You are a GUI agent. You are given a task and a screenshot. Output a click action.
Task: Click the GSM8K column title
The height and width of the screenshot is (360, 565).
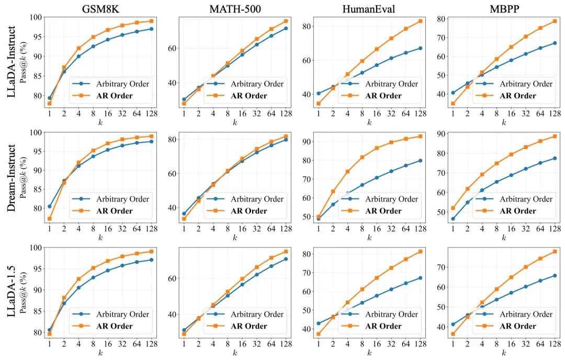pyautogui.click(x=100, y=9)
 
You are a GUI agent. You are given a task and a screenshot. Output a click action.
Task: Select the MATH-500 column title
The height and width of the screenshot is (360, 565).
pyautogui.click(x=235, y=9)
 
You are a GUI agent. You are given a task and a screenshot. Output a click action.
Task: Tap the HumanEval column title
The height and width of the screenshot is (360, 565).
pyautogui.click(x=369, y=9)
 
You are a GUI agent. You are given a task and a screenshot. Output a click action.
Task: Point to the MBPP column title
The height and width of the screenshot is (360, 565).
pyautogui.click(x=504, y=9)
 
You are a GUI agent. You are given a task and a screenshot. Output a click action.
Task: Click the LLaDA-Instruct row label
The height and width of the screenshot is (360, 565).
pyautogui.click(x=12, y=62)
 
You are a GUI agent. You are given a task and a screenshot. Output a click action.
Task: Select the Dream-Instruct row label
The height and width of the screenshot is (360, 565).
pyautogui.click(x=12, y=178)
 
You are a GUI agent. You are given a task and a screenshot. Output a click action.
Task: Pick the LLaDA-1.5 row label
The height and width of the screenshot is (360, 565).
pyautogui.click(x=12, y=291)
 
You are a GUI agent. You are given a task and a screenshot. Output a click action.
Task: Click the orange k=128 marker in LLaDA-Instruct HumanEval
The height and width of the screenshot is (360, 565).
pyautogui.click(x=420, y=21)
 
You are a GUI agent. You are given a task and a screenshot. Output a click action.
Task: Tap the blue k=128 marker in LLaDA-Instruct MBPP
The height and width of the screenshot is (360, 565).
pyautogui.click(x=555, y=43)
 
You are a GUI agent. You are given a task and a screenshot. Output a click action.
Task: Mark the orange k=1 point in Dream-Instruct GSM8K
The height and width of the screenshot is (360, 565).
pyautogui.click(x=49, y=219)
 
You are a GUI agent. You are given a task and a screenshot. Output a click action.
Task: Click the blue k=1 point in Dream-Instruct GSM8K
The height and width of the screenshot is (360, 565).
pyautogui.click(x=49, y=207)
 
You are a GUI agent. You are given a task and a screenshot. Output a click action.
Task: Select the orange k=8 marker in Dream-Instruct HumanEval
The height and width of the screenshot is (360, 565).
pyautogui.click(x=362, y=157)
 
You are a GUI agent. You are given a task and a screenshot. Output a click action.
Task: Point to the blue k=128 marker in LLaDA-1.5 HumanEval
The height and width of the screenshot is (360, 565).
pyautogui.click(x=420, y=278)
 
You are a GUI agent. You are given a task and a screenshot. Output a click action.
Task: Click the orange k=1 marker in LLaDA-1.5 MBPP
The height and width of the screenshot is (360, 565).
pyautogui.click(x=453, y=334)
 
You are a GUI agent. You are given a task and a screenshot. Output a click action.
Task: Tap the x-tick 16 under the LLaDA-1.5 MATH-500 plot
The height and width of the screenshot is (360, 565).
pyautogui.click(x=242, y=344)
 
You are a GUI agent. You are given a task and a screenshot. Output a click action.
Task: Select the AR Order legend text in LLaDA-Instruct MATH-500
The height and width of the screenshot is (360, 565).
pyautogui.click(x=248, y=96)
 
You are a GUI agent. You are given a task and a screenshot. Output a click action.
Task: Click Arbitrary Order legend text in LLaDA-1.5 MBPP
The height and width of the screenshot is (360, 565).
pyautogui.click(x=526, y=314)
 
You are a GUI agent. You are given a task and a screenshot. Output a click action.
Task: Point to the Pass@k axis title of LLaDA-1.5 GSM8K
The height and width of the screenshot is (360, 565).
pyautogui.click(x=24, y=292)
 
